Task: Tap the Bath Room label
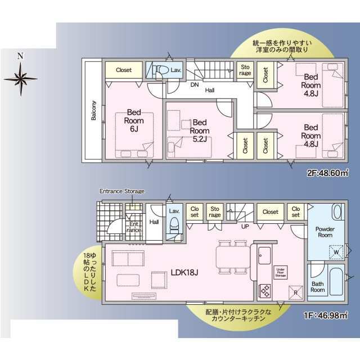pyautogui.click(x=318, y=286)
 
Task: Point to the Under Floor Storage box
pyautogui.click(x=282, y=273)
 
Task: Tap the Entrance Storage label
pyautogui.click(x=122, y=191)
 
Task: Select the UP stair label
pyautogui.click(x=245, y=226)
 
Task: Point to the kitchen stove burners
pyautogui.click(x=264, y=291)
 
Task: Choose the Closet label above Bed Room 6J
pyautogui.click(x=124, y=70)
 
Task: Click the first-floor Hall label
pyautogui.click(x=154, y=222)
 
